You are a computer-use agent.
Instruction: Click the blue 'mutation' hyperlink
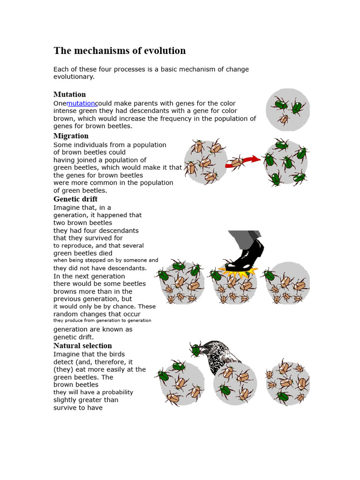(81, 103)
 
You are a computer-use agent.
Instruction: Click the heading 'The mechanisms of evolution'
(120, 51)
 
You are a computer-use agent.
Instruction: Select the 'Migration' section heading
(71, 136)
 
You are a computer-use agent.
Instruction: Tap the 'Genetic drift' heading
(75, 199)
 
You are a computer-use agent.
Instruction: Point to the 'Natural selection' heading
(82, 346)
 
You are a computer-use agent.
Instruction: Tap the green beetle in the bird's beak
(196, 349)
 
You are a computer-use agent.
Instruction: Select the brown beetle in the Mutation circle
(283, 120)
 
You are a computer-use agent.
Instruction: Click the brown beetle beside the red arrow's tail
(236, 163)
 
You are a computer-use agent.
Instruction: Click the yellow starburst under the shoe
(239, 271)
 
